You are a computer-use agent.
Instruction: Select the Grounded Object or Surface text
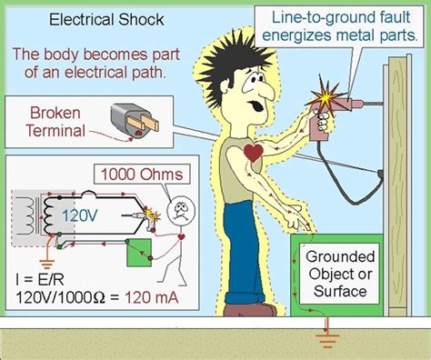coord(336,274)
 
